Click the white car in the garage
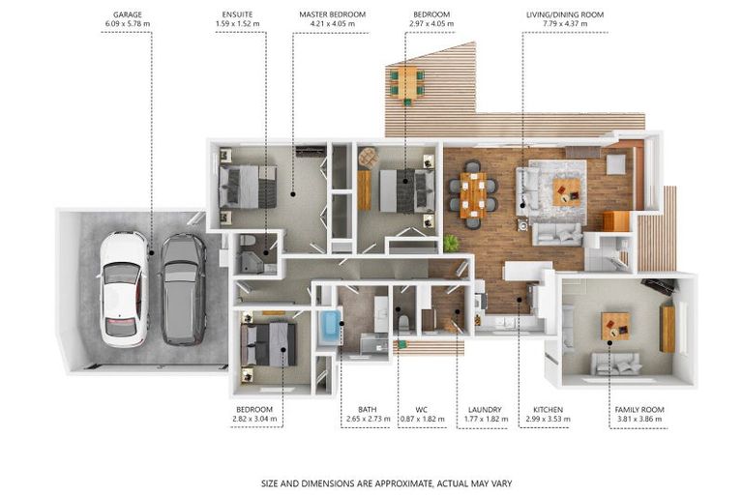pos(124,289)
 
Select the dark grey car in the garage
pos(184,289)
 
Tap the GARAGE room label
pos(128,15)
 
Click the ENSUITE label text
pos(237,15)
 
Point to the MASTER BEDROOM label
pos(333,15)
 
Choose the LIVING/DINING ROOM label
pos(565,15)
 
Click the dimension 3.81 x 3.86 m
pos(639,419)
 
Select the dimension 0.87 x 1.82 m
pos(423,419)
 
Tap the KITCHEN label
pos(549,409)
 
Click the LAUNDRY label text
pos(485,409)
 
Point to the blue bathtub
pos(330,328)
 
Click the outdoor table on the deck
pos(407,83)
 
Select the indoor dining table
pos(473,194)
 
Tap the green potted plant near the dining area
pos(451,244)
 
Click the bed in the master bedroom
pos(248,187)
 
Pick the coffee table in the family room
pos(615,326)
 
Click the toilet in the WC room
pos(403,323)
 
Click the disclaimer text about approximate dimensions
pos(387,483)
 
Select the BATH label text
pos(368,409)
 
